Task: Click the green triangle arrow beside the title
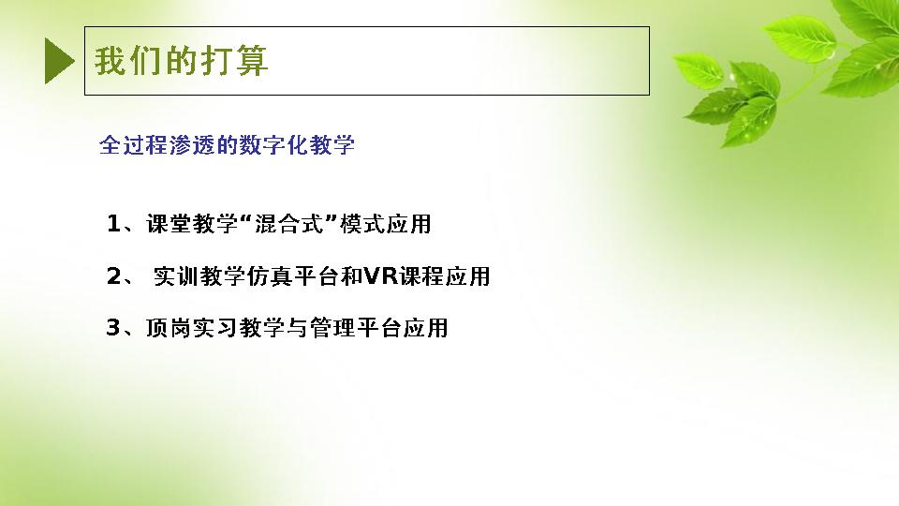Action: (58, 61)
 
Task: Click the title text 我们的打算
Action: (181, 61)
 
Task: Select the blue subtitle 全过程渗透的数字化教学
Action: (227, 144)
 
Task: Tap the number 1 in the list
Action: (113, 223)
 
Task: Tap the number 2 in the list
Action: (113, 275)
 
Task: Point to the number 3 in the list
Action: (113, 328)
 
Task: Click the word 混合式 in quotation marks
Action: (289, 224)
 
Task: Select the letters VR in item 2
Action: (381, 275)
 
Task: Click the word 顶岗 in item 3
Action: (168, 328)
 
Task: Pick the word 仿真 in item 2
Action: (270, 276)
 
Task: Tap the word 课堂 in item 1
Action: (169, 224)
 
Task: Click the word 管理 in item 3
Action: (332, 328)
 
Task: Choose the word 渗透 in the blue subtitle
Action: (192, 144)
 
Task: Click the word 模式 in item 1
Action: (362, 224)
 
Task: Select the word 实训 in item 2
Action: (176, 276)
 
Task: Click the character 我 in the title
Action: (111, 61)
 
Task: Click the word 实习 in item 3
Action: (215, 328)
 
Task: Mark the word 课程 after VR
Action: (422, 276)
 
